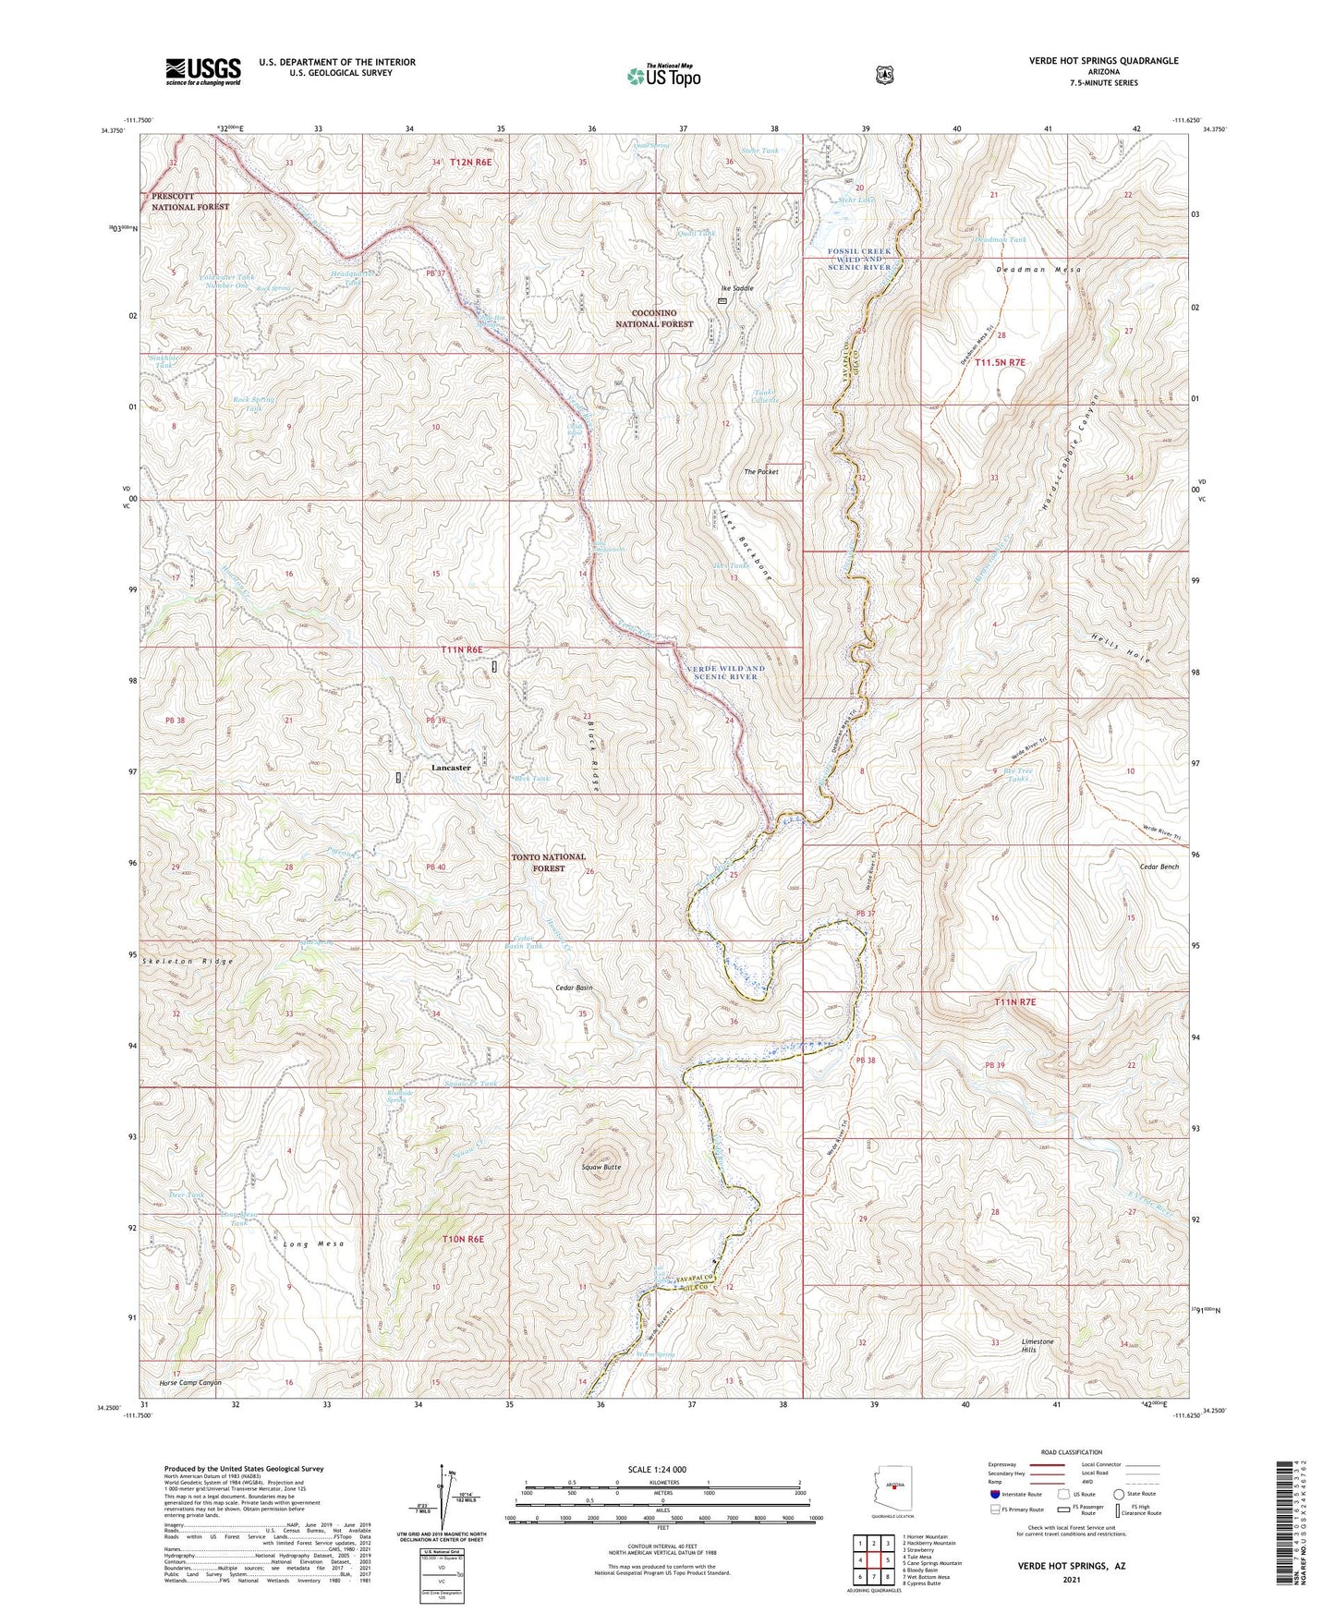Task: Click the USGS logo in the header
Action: coord(202,71)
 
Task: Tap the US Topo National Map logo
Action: coord(662,75)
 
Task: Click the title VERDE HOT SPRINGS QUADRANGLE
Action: coord(1103,61)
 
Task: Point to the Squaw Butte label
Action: coord(601,1167)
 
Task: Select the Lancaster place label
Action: coord(451,768)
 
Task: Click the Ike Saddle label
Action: coord(736,288)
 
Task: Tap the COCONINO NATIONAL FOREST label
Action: coord(655,319)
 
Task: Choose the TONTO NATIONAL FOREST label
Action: coord(549,862)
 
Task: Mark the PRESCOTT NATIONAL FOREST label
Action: coord(190,201)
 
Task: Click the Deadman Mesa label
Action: coord(1038,270)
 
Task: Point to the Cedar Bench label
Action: coord(1159,867)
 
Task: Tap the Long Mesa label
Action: coord(313,1243)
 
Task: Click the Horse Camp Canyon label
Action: coord(190,1383)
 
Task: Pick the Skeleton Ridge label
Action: coord(188,961)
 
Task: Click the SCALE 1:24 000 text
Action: coord(657,1469)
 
